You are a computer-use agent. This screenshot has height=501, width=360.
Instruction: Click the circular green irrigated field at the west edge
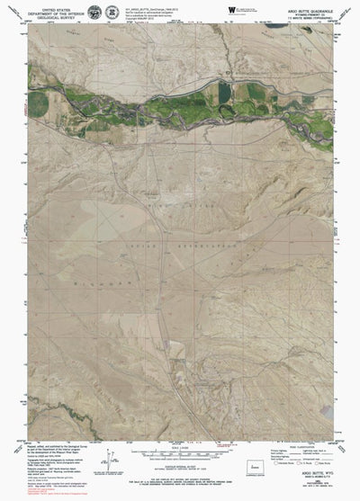[37, 103]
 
